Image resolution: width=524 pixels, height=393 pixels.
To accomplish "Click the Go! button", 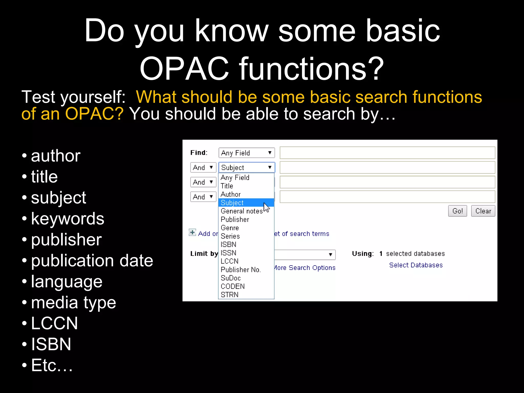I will (x=457, y=211).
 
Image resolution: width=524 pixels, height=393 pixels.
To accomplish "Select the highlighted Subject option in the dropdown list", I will (x=232, y=203).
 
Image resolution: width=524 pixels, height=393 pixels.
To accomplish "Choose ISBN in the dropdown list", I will (x=228, y=244).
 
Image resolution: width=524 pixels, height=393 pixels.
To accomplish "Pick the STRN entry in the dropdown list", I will (x=230, y=294).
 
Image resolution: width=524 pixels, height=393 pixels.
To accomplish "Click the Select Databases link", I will (x=416, y=265).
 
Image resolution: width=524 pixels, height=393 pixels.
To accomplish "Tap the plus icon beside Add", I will (x=192, y=233).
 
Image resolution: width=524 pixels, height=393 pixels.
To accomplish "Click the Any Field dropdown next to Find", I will (x=246, y=153).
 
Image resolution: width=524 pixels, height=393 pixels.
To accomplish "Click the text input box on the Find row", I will (x=387, y=153).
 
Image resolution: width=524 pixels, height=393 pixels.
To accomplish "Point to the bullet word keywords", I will (x=68, y=219).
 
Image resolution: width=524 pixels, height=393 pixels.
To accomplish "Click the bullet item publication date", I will (x=92, y=261).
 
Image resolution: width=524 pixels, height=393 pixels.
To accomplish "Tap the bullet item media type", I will (x=73, y=303).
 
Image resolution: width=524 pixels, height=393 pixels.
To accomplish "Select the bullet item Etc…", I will (x=52, y=365).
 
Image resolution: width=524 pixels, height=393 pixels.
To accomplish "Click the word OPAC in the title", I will (x=184, y=69).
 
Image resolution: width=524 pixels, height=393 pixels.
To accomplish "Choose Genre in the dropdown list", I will (x=230, y=228).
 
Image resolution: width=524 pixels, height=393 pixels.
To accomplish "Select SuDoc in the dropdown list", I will (x=231, y=278).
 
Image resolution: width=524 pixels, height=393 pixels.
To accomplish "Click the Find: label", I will (x=199, y=153).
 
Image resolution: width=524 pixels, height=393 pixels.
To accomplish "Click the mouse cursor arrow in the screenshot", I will (x=266, y=207).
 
